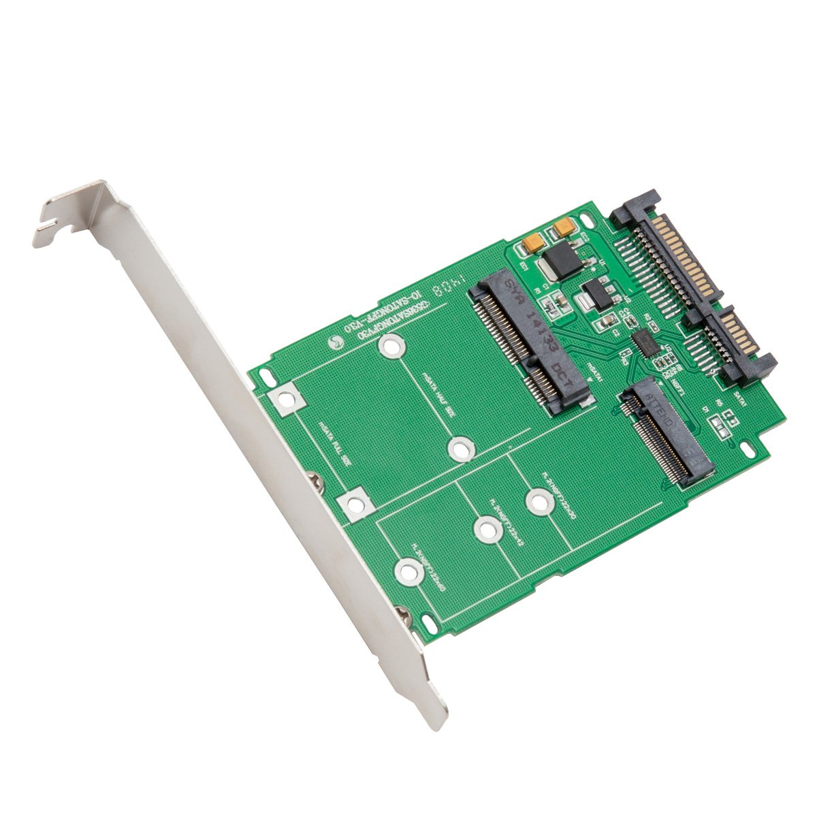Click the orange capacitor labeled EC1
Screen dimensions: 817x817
tap(533, 242)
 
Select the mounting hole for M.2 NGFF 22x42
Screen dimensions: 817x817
tap(485, 530)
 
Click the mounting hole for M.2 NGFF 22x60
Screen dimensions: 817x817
tap(407, 571)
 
